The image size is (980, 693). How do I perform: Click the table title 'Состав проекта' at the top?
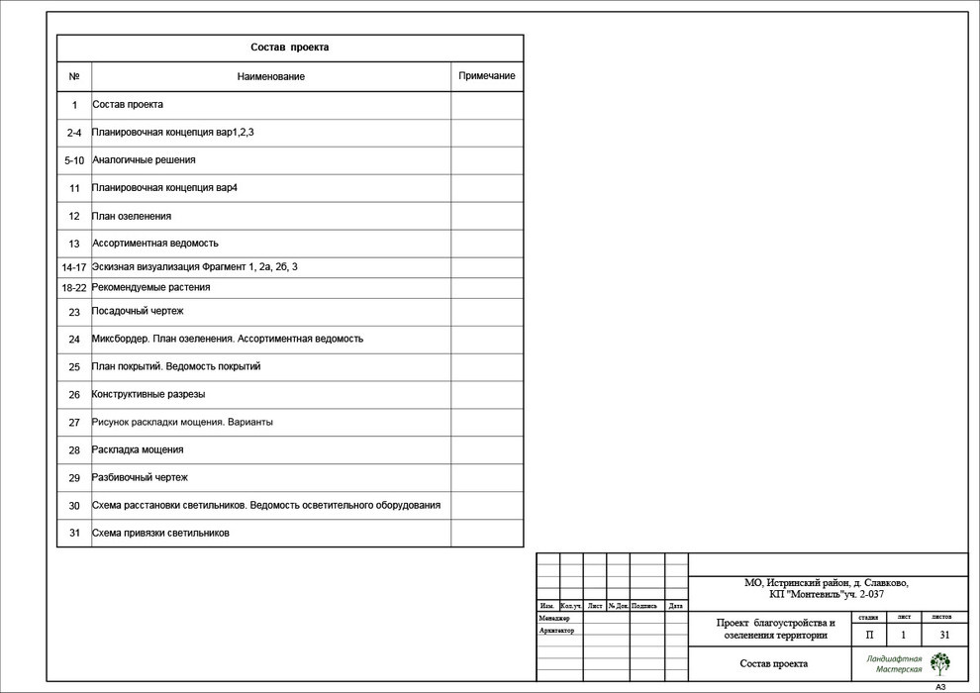pyautogui.click(x=289, y=48)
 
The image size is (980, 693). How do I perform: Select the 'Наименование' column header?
pyautogui.click(x=270, y=76)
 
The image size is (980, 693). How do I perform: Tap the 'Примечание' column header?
pyautogui.click(x=486, y=76)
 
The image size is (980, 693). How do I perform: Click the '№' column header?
pyautogui.click(x=74, y=76)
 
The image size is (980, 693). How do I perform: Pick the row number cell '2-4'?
pyautogui.click(x=74, y=133)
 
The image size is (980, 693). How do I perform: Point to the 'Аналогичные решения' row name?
pyautogui.click(x=144, y=159)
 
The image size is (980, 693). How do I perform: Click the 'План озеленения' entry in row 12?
pyautogui.click(x=132, y=216)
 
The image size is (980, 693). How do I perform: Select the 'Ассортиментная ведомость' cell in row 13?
pyautogui.click(x=155, y=243)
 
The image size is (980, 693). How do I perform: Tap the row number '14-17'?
pyautogui.click(x=74, y=267)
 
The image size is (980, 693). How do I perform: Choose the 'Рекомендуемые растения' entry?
pyautogui.click(x=150, y=287)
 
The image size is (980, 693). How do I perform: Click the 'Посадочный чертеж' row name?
pyautogui.click(x=138, y=311)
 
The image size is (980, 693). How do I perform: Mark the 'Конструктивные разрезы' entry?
pyautogui.click(x=148, y=394)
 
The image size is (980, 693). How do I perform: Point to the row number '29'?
pyautogui.click(x=74, y=478)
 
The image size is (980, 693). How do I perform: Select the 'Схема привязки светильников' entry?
pyautogui.click(x=160, y=533)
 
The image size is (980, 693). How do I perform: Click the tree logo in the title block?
pyautogui.click(x=939, y=663)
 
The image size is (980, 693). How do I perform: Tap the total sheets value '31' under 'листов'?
pyautogui.click(x=944, y=635)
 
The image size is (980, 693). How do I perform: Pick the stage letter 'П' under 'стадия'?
pyautogui.click(x=869, y=635)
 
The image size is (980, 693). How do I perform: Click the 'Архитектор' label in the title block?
pyautogui.click(x=556, y=631)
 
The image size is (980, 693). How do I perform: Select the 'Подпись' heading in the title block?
pyautogui.click(x=643, y=606)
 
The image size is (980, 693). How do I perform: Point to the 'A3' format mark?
pyautogui.click(x=940, y=687)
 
